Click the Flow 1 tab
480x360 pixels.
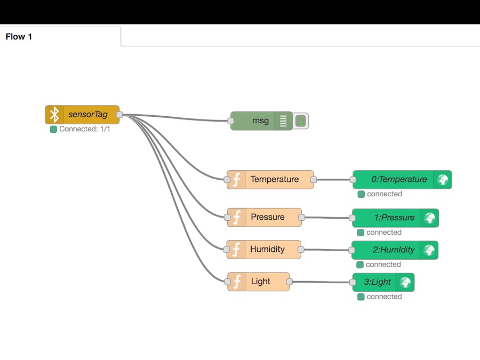coord(19,37)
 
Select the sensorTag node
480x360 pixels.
coord(87,115)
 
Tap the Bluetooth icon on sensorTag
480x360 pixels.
coord(54,115)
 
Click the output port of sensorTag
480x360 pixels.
coord(119,115)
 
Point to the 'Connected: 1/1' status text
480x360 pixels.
coord(84,129)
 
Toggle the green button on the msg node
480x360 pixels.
coord(301,121)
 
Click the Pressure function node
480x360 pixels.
coord(267,218)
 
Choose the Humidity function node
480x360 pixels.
coord(267,250)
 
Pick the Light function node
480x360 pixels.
coord(260,282)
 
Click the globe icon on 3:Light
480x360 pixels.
coord(405,282)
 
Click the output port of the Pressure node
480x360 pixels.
coord(301,218)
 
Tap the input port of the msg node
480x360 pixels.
coord(231,121)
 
